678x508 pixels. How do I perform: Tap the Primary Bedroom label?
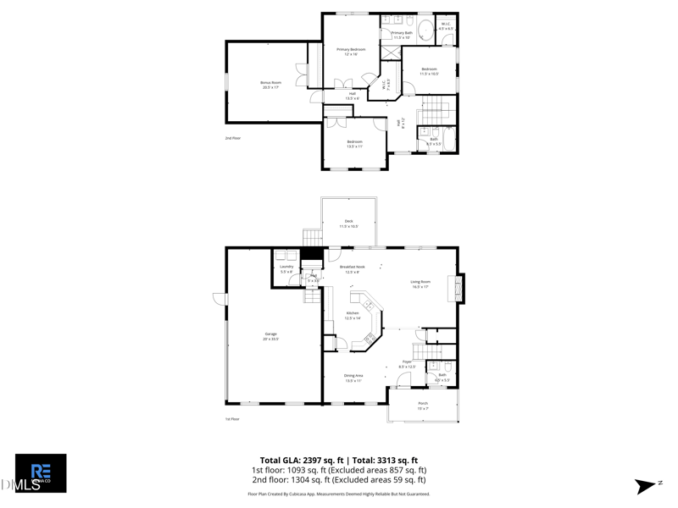click(351, 50)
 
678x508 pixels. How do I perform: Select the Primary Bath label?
click(402, 33)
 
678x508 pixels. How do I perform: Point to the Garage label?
click(271, 334)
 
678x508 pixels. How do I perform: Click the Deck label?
click(348, 221)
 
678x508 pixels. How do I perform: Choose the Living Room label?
click(420, 283)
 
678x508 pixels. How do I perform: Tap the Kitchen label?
click(353, 313)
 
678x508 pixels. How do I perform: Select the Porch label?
click(423, 403)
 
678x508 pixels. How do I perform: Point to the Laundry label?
click(286, 267)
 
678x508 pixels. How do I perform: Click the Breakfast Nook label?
click(352, 267)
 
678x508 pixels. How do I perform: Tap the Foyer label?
click(407, 362)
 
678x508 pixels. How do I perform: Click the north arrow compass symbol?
click(646, 486)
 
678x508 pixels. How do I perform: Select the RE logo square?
click(41, 472)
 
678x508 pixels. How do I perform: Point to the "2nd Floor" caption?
click(232, 138)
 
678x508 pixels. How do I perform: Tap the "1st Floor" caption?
click(232, 419)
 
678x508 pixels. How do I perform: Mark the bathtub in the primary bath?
click(425, 29)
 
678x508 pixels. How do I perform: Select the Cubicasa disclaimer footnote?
click(338, 494)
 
